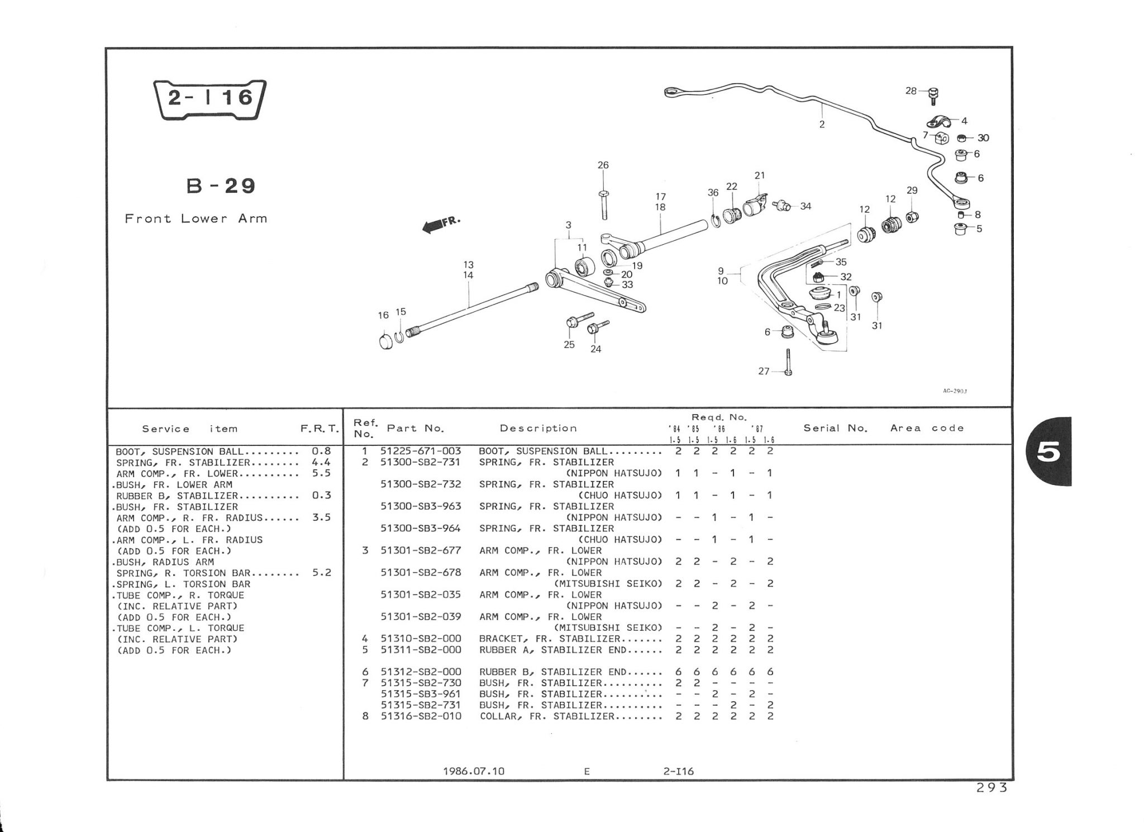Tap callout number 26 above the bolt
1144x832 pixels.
pos(603,165)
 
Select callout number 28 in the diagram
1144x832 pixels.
pos(911,91)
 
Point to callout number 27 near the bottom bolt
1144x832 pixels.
pos(764,371)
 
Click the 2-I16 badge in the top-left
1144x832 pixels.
pos(210,99)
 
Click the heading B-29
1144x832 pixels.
pos(221,186)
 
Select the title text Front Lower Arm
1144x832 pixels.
pos(196,218)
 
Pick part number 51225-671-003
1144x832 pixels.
pos(421,451)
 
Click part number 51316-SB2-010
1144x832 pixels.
pos(421,716)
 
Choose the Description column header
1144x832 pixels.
pos(538,429)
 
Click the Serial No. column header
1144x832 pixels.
pos(836,429)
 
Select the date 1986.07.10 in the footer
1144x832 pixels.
pos(474,771)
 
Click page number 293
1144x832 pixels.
pos(992,788)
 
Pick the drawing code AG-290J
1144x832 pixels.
pos(955,391)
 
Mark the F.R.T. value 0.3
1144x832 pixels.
pos(322,496)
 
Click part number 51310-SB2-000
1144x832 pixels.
pos(421,639)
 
